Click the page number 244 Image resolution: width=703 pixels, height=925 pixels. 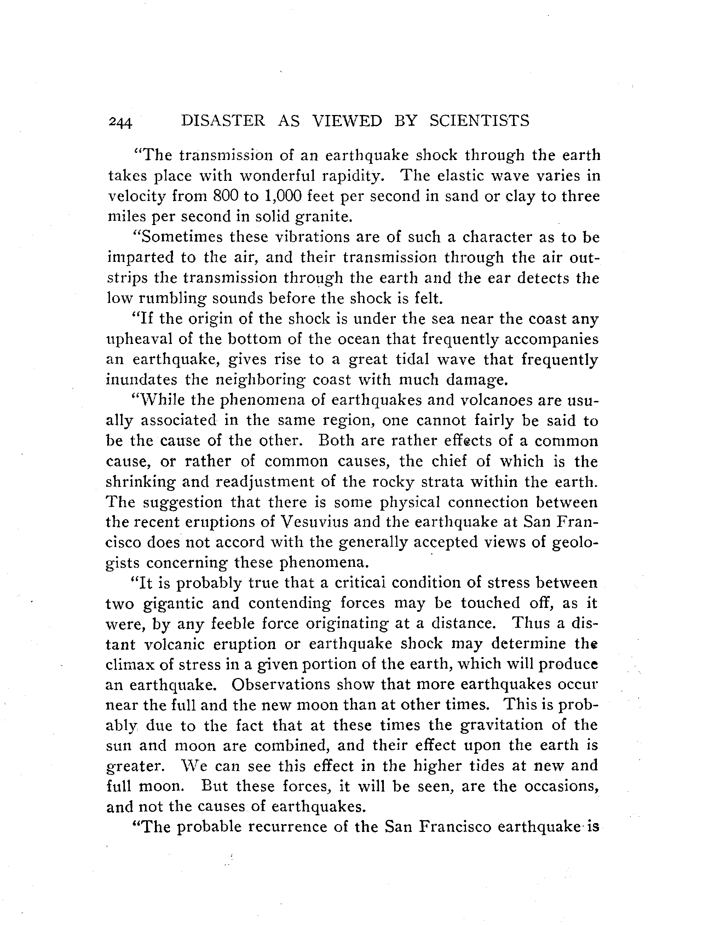point(120,122)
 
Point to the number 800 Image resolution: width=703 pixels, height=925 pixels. point(225,196)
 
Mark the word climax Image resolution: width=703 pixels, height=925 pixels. point(127,665)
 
